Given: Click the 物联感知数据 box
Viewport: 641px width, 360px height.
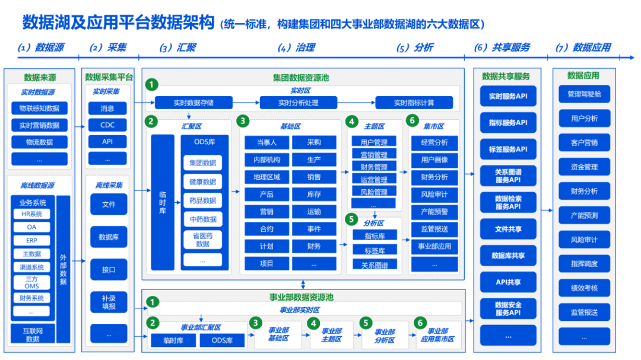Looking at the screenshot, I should tap(39, 109).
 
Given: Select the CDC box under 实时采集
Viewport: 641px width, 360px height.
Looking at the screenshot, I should tap(107, 125).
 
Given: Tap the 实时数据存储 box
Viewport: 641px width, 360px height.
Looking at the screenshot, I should tap(193, 103).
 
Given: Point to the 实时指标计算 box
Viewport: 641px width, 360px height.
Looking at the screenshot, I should tap(414, 103).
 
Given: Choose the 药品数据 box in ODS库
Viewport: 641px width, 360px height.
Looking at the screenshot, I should tap(202, 200).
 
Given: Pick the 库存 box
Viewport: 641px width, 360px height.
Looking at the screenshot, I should tap(314, 194).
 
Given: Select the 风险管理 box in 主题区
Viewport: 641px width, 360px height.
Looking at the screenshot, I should tap(373, 192).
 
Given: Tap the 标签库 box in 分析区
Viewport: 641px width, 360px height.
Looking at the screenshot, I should tap(373, 250).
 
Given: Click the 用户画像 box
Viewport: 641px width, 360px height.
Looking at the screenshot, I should tap(434, 160).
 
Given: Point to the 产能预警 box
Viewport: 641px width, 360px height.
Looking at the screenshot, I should tap(434, 211).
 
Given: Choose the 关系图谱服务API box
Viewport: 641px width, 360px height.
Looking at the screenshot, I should tap(508, 176).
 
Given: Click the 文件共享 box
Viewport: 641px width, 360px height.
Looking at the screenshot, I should tap(508, 229).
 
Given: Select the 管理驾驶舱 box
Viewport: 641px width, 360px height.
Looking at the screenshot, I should tap(584, 94).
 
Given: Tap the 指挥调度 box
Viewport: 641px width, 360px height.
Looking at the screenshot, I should tap(584, 264).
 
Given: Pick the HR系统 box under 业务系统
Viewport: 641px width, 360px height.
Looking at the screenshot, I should tap(31, 214).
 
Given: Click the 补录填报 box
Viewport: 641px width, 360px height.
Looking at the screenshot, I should tap(109, 302).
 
